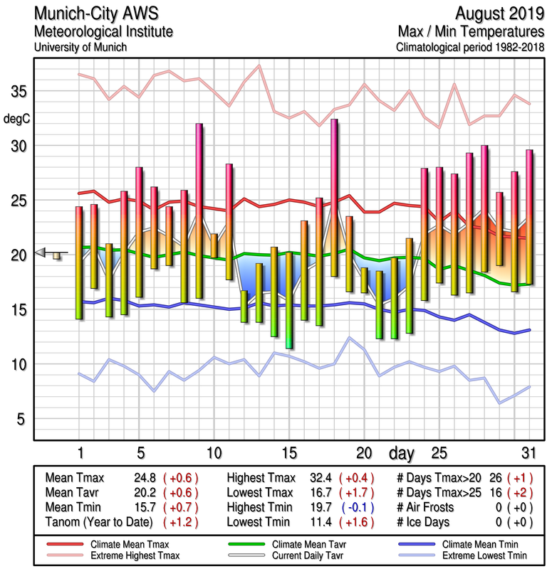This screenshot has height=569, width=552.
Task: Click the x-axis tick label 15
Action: pos(288,452)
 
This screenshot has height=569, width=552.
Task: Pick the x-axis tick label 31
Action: pos(528,452)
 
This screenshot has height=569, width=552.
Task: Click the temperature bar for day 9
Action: pos(199,211)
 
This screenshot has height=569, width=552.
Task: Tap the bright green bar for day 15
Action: pos(289,299)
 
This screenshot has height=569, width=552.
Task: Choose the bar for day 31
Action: pos(529,217)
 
